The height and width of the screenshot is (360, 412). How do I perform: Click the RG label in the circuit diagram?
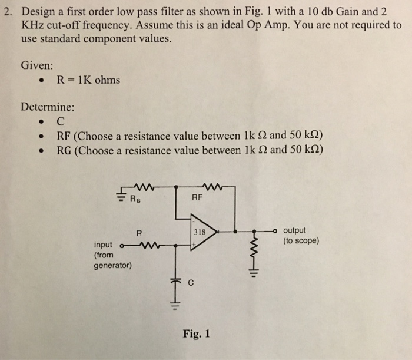click(137, 199)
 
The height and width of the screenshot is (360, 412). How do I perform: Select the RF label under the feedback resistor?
click(197, 199)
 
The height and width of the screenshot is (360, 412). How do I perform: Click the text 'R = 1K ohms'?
click(88, 80)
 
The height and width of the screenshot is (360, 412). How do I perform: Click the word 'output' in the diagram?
click(294, 230)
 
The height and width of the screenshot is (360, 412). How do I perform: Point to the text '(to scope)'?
click(301, 240)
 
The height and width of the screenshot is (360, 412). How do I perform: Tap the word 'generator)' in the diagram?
click(113, 265)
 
